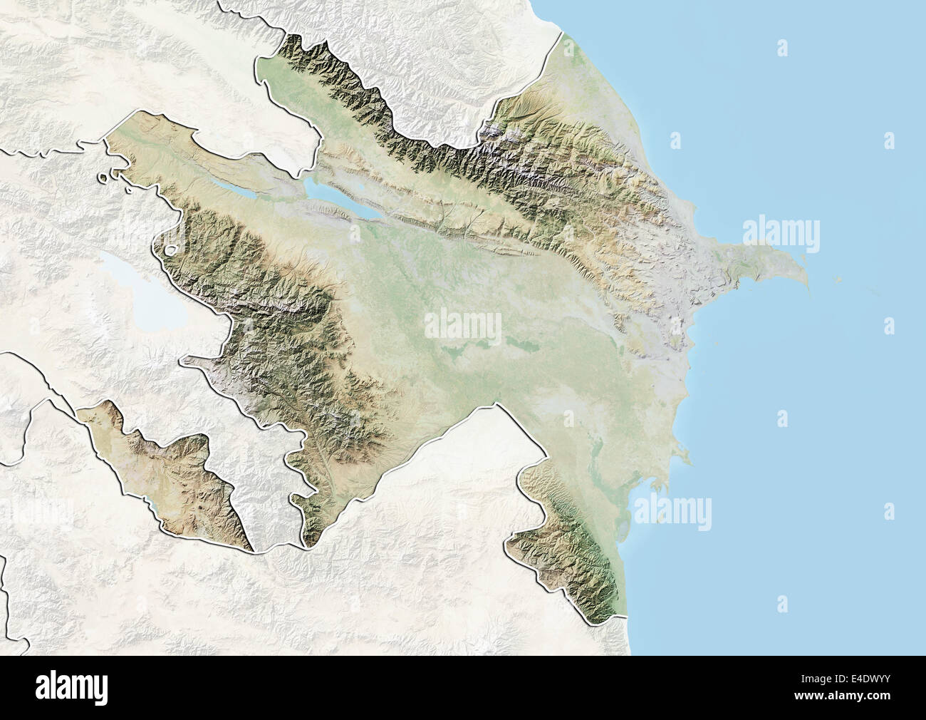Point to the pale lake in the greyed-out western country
pyautogui.click(x=135, y=289)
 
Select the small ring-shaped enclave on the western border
pyautogui.click(x=170, y=250)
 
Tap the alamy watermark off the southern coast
pyautogui.click(x=672, y=512)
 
